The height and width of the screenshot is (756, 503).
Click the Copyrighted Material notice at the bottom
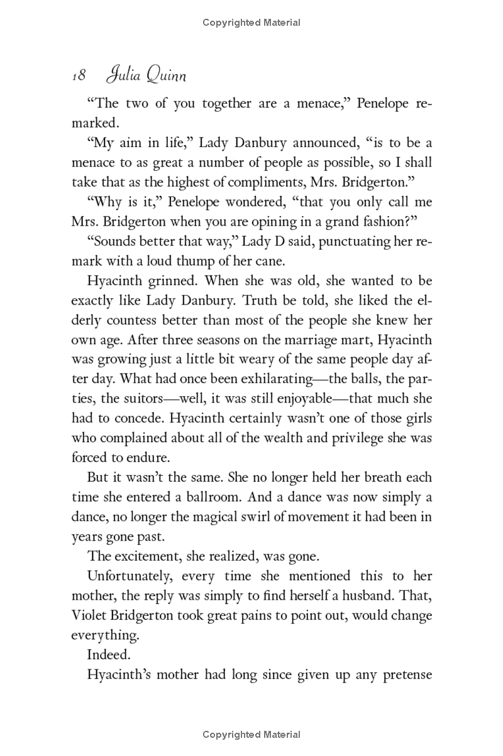[x=251, y=734]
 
